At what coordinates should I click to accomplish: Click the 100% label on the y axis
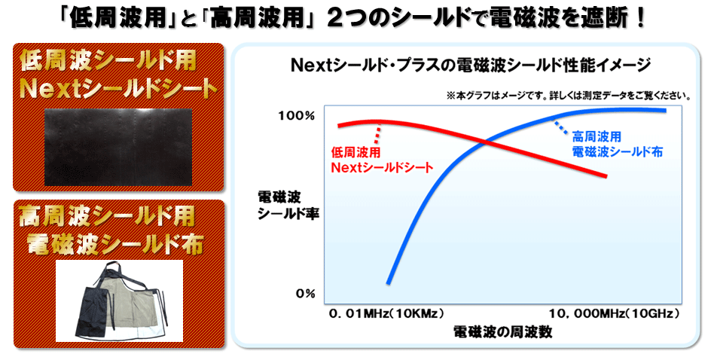click(296, 116)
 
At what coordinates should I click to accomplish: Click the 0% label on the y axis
click(305, 294)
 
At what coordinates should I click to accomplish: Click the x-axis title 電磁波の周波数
click(502, 332)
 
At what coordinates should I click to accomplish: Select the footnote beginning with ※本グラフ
click(569, 96)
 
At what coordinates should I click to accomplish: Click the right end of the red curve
click(606, 176)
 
